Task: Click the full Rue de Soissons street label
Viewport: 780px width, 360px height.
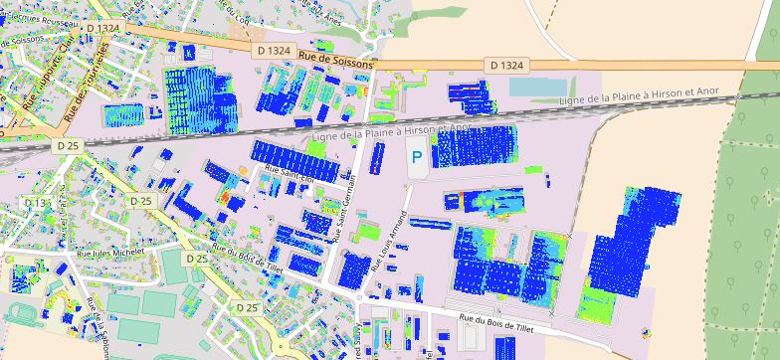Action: pos(335,65)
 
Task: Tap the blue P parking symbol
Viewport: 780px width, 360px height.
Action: pos(417,157)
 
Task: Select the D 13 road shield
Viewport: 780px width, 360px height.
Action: pos(36,203)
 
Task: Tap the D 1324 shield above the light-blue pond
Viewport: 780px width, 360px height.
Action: pos(506,65)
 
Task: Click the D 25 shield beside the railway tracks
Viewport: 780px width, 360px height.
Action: pos(68,145)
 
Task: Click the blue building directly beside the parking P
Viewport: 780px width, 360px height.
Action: pos(475,147)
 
